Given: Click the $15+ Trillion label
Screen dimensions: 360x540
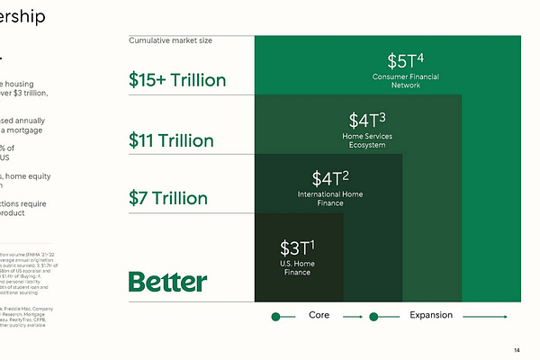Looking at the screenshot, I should (x=177, y=80).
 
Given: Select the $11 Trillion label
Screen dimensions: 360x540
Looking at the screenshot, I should (x=171, y=140).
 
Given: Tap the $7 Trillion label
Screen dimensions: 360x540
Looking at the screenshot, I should (x=167, y=198).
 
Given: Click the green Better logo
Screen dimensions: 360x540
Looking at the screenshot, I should (x=167, y=282).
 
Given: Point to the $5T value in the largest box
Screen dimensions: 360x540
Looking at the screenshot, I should (x=404, y=61).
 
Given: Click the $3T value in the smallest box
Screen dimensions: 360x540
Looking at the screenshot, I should (x=298, y=247).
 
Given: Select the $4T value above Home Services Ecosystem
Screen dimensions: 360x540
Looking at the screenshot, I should (x=367, y=119).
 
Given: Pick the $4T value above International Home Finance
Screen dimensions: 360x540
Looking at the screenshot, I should (x=330, y=178).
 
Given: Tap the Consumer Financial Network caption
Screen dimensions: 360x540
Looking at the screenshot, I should (x=409, y=82).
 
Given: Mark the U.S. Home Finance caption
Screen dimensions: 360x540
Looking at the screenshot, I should (x=298, y=268).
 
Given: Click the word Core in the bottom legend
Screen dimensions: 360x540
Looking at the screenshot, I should (x=319, y=316).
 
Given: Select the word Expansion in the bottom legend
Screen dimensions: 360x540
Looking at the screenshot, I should (x=430, y=316).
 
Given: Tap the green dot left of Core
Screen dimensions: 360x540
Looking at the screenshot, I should (x=277, y=317).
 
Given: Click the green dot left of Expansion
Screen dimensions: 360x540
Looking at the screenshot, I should (x=373, y=317).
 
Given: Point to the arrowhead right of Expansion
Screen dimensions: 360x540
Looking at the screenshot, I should (x=506, y=317).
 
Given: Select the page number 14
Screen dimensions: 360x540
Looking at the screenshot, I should (x=517, y=350).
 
